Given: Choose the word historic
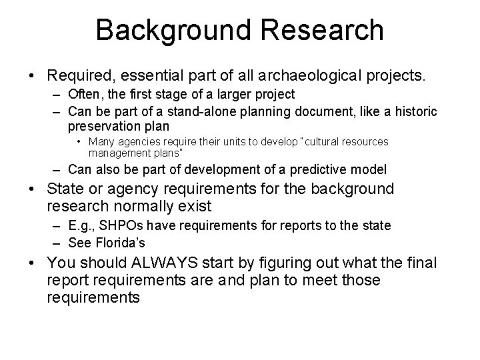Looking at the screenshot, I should [x=415, y=111].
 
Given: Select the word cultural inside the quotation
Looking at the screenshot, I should [x=315, y=141].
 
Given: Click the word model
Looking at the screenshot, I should [x=354, y=170].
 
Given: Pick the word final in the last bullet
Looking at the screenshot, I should [x=419, y=263].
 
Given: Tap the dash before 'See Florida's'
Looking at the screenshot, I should [x=55, y=243].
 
